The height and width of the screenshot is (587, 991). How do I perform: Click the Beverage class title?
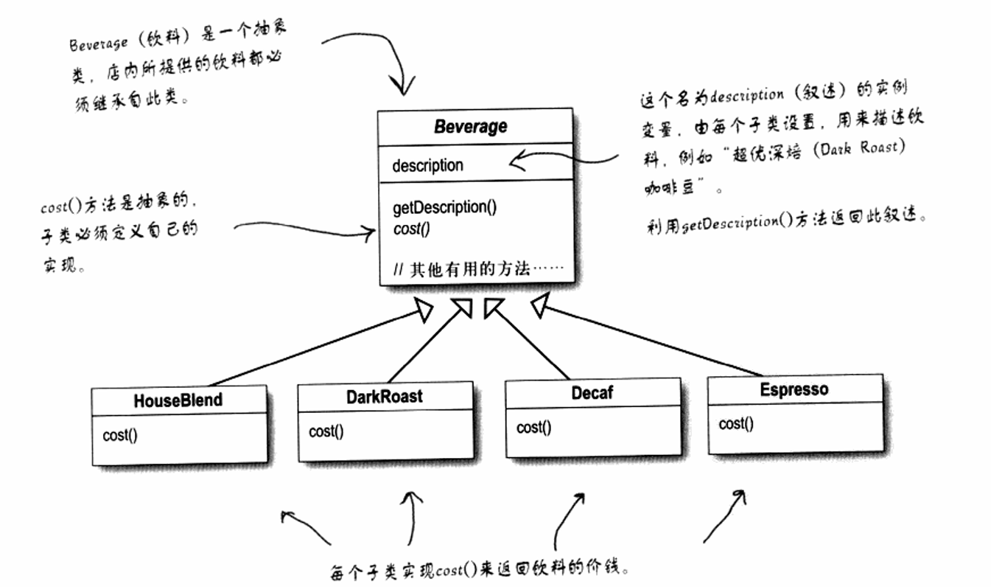pyautogui.click(x=470, y=126)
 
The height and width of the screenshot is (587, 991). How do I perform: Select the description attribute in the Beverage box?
pyautogui.click(x=427, y=165)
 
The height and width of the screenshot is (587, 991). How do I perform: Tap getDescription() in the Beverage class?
pyautogui.click(x=444, y=207)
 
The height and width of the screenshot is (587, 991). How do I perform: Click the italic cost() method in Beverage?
pyautogui.click(x=411, y=229)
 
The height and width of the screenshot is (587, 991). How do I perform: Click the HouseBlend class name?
pyautogui.click(x=178, y=400)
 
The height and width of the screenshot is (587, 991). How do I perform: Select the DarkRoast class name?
pyautogui.click(x=384, y=396)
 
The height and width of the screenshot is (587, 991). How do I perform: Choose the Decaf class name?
pyautogui.click(x=592, y=393)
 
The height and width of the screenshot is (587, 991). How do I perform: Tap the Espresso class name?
pyautogui.click(x=794, y=389)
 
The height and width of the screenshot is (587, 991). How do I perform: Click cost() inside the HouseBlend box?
pyautogui.click(x=119, y=434)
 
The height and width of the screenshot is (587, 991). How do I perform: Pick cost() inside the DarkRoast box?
pyautogui.click(x=326, y=431)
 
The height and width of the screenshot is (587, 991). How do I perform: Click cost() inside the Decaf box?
pyautogui.click(x=533, y=428)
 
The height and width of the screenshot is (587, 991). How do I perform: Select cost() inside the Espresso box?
pyautogui.click(x=736, y=424)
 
